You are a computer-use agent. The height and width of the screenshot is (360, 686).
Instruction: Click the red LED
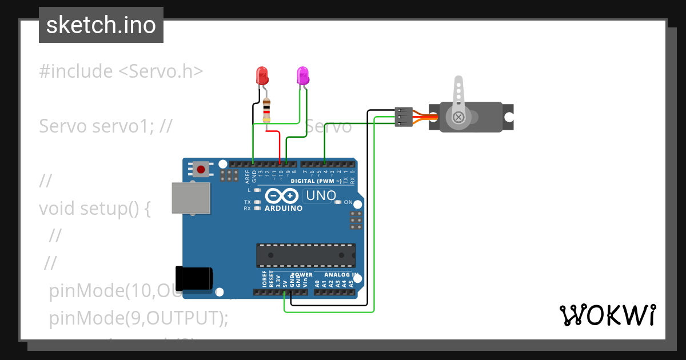(262, 75)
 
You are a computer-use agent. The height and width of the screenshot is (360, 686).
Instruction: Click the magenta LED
(302, 75)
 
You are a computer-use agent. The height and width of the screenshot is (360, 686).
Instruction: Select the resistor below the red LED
(266, 110)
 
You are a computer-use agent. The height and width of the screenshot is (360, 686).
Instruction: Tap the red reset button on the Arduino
(201, 169)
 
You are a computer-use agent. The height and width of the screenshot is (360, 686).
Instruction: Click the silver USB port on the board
(190, 198)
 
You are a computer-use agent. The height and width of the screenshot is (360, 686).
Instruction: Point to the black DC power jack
(194, 278)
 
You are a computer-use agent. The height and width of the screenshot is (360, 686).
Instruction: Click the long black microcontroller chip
(305, 255)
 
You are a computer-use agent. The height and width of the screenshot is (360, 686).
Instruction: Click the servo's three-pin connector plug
(404, 117)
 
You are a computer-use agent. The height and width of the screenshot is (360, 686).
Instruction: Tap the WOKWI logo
(607, 315)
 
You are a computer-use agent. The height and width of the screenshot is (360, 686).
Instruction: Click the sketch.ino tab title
(101, 25)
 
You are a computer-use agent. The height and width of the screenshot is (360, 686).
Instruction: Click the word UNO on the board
(321, 196)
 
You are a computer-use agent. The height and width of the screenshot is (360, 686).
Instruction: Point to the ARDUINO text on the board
(284, 209)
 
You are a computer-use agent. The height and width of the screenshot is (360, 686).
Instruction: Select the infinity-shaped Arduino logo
(281, 195)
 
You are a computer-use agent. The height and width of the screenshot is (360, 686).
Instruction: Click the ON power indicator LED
(338, 202)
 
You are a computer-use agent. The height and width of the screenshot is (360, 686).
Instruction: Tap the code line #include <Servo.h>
(121, 71)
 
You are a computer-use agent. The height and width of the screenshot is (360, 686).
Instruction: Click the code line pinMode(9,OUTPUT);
(139, 317)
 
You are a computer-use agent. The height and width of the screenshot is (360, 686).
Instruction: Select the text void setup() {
(95, 209)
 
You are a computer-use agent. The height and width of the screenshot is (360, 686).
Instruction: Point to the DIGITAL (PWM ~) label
(316, 181)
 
